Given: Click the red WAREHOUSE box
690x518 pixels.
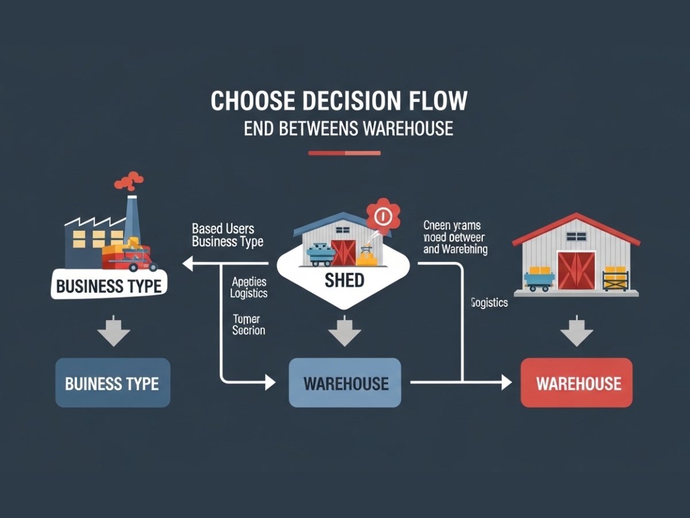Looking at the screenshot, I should pyautogui.click(x=577, y=383).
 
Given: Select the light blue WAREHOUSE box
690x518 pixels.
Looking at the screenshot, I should pyautogui.click(x=345, y=383).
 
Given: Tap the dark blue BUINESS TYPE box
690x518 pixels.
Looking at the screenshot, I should pyautogui.click(x=112, y=383).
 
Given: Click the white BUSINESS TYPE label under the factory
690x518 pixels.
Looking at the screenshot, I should pyautogui.click(x=109, y=285).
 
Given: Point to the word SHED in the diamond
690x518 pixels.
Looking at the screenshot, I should pyautogui.click(x=344, y=280).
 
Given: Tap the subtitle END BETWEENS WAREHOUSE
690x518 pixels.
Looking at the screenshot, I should pyautogui.click(x=348, y=128).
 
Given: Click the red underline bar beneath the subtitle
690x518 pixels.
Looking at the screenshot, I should pyautogui.click(x=344, y=153).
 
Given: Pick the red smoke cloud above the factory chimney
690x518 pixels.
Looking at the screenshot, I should pyautogui.click(x=129, y=181).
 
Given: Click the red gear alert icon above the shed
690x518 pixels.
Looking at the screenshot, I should pyautogui.click(x=382, y=216).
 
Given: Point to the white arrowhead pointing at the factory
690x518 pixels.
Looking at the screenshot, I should pyautogui.click(x=187, y=264).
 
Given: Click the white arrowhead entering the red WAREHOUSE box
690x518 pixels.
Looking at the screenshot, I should pyautogui.click(x=505, y=382).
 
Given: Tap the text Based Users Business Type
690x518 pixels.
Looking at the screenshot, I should pyautogui.click(x=227, y=235).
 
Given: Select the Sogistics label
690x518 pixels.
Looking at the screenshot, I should pyautogui.click(x=489, y=303).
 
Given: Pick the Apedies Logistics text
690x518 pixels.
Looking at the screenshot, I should pyautogui.click(x=249, y=287).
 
